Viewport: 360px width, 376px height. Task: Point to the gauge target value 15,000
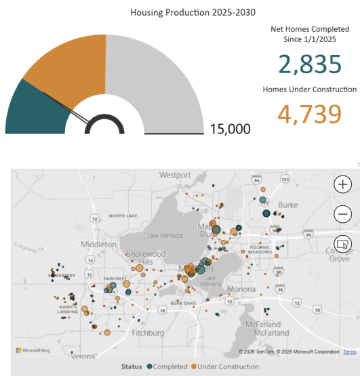point(230,129)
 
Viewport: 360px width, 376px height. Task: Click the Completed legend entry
point(167,367)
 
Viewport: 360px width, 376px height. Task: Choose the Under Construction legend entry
point(224,367)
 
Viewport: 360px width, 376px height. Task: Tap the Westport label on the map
point(175,175)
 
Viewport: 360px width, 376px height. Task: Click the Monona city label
point(241,289)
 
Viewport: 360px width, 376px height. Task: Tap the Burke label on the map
point(287,205)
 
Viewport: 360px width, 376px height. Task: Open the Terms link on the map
point(349,352)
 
